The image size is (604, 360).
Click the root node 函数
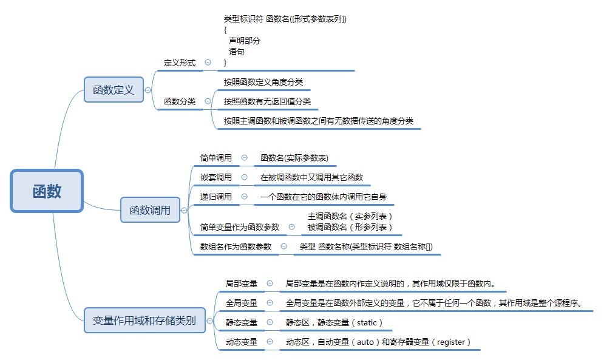click(47, 191)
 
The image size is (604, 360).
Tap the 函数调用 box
click(150, 211)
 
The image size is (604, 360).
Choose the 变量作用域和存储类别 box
click(144, 321)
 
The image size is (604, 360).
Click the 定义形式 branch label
click(180, 63)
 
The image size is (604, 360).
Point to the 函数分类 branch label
click(180, 101)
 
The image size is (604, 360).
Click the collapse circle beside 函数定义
click(148, 90)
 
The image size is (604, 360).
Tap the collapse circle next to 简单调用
click(244, 158)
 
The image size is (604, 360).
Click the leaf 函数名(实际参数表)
click(294, 158)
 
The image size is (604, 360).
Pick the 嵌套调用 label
click(216, 177)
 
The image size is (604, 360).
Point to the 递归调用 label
click(216, 197)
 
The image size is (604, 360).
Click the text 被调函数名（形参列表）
click(350, 227)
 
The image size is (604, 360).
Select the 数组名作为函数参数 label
click(236, 246)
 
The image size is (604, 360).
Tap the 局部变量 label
click(242, 284)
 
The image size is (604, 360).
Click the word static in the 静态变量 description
click(367, 322)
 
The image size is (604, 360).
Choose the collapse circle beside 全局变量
click(270, 303)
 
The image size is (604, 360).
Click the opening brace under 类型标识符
click(225, 29)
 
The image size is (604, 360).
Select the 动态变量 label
click(242, 342)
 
